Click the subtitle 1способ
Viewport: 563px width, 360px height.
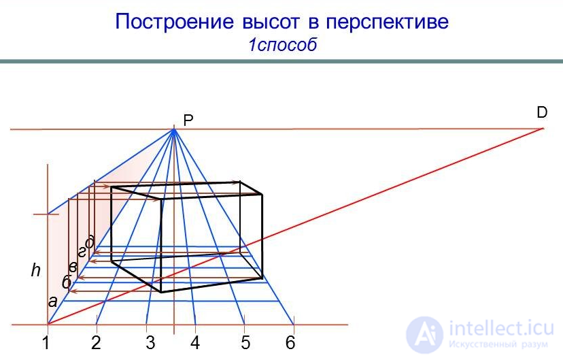click(282, 46)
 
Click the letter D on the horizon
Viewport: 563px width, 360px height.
click(542, 113)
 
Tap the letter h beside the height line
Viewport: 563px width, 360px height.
click(36, 271)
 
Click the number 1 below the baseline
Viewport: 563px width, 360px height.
click(46, 343)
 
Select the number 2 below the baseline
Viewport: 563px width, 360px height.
click(96, 343)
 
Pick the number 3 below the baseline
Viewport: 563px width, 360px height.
click(150, 343)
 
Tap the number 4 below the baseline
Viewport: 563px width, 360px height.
click(195, 343)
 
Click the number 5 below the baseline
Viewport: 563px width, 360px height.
click(245, 343)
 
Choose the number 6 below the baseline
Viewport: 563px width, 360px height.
click(290, 343)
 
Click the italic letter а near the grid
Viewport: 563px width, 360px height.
click(52, 301)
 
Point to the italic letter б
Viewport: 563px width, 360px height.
click(67, 282)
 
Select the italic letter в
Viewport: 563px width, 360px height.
click(73, 267)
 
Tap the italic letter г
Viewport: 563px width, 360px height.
click(82, 252)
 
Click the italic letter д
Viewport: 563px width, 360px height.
click(89, 241)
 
